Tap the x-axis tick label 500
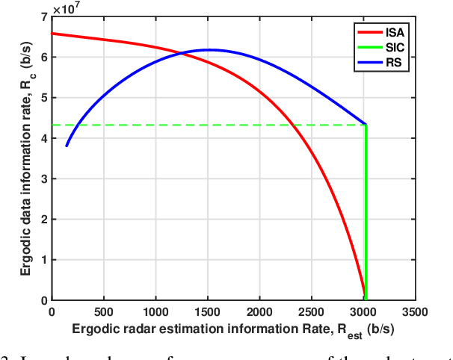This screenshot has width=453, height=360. (x=103, y=311)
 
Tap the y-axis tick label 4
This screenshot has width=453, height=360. (x=43, y=138)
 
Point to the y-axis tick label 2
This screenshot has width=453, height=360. (x=43, y=220)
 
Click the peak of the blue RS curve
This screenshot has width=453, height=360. (x=209, y=50)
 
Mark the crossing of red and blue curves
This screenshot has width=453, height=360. (x=182, y=53)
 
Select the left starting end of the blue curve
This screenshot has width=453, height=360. (x=66, y=146)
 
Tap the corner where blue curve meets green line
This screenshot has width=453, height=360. (x=365, y=125)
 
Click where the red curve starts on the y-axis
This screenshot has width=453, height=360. (x=52, y=34)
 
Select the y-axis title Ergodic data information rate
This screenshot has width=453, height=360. (x=23, y=157)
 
